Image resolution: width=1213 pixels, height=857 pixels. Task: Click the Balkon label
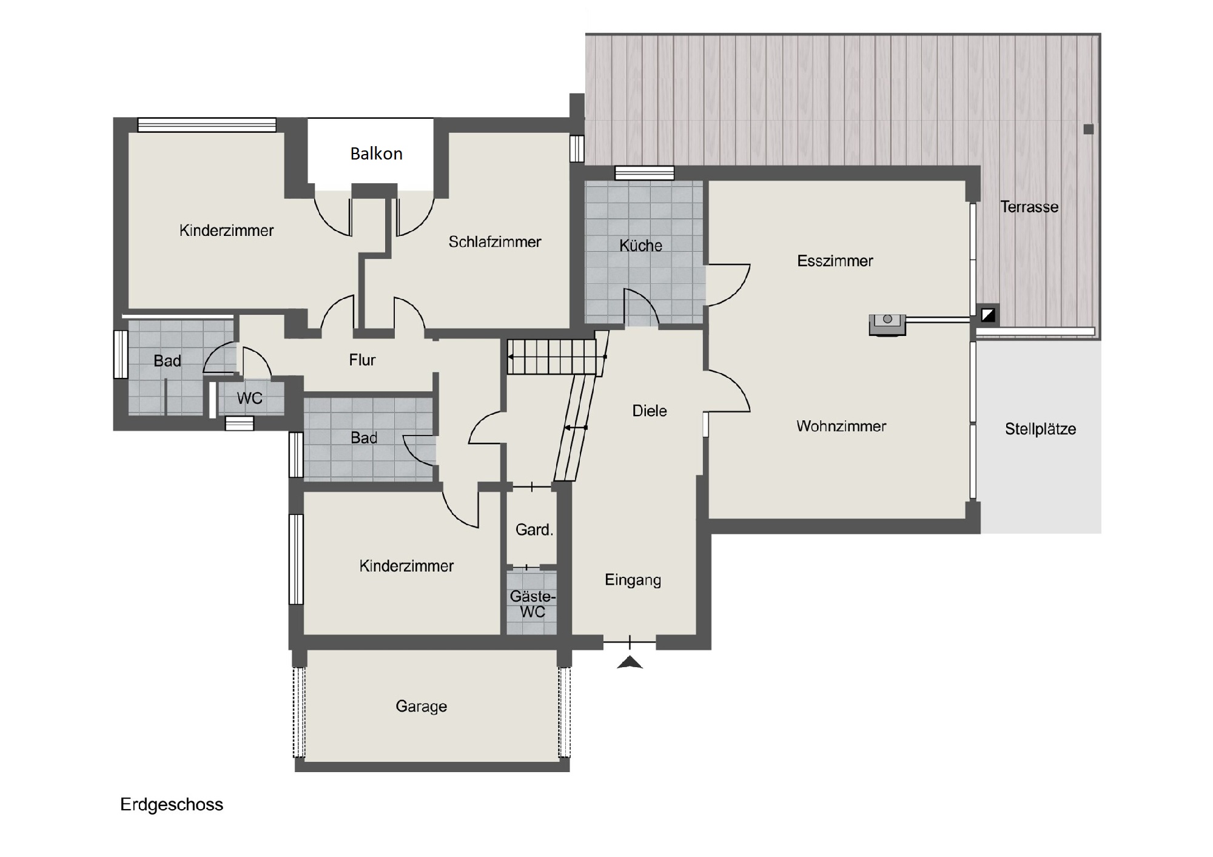tap(376, 153)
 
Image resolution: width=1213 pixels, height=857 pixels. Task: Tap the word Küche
tap(640, 246)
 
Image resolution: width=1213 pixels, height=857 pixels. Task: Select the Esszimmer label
tap(835, 261)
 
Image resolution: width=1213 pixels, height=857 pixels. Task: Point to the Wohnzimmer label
tap(841, 426)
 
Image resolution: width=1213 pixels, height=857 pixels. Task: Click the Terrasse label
tap(1029, 207)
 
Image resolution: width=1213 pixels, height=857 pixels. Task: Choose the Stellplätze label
tap(1040, 429)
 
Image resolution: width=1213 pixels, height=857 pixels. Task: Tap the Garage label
tap(421, 707)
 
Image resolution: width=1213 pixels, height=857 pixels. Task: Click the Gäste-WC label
tap(533, 604)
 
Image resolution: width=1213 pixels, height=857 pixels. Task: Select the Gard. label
tap(534, 529)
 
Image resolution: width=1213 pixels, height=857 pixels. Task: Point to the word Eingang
tap(633, 580)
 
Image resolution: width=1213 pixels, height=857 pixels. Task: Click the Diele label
tap(650, 411)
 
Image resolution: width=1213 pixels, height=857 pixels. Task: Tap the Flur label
tap(362, 360)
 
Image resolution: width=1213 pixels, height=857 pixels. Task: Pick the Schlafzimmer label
tap(495, 242)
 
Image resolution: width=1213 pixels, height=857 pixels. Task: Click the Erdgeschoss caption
tap(172, 805)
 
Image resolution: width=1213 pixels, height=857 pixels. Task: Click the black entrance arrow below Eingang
tap(630, 662)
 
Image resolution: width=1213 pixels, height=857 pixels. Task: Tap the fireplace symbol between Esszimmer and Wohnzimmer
tap(887, 324)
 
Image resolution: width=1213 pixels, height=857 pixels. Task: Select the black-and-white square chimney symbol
tap(988, 315)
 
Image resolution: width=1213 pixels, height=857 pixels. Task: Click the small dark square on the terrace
tap(1089, 129)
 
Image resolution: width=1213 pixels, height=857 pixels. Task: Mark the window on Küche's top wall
tap(644, 173)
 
